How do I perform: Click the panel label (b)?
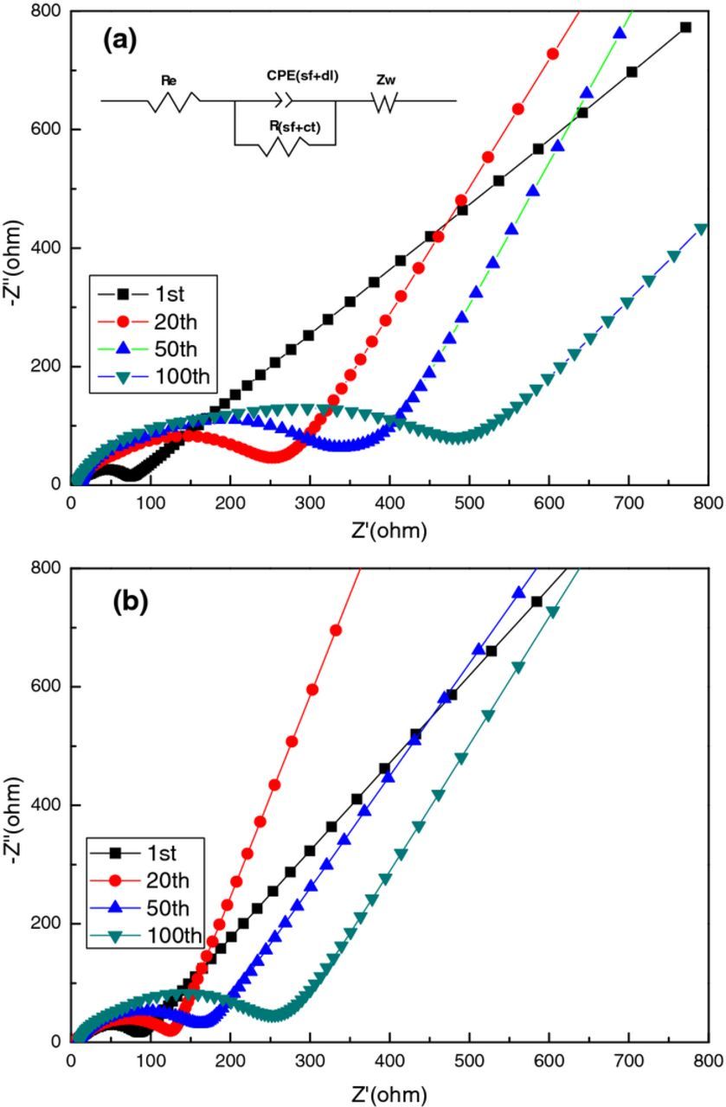click(x=131, y=602)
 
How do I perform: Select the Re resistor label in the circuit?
click(x=170, y=80)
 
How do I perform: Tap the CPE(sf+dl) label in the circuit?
click(x=302, y=76)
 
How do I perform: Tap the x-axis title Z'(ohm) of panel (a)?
click(x=389, y=531)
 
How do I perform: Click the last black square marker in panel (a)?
click(x=685, y=28)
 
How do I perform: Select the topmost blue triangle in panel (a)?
click(x=620, y=33)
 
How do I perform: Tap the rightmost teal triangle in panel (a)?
click(x=701, y=229)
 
